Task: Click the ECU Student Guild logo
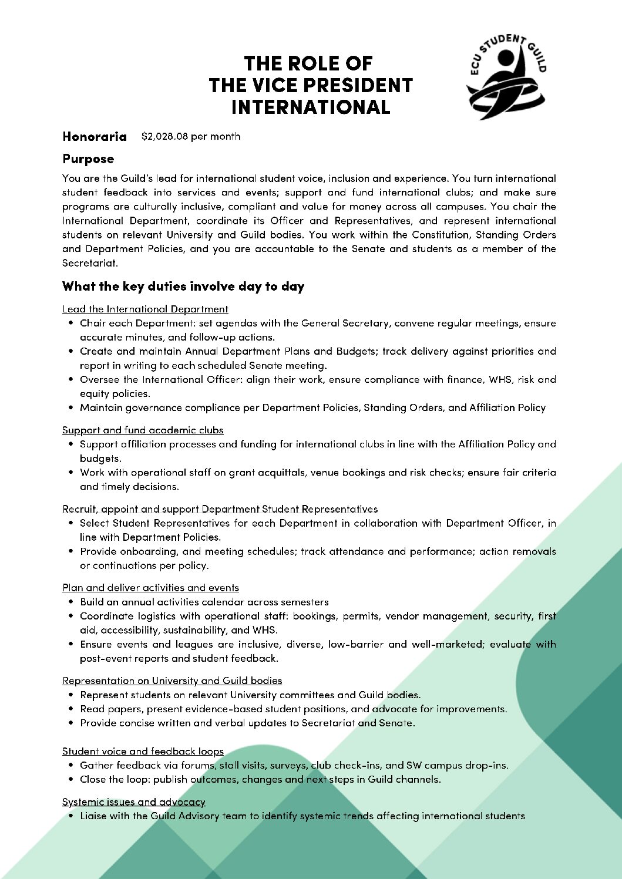(x=506, y=76)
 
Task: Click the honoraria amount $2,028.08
(x=165, y=136)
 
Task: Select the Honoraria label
(x=95, y=136)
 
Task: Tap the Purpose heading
(x=88, y=159)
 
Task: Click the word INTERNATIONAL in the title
(x=311, y=107)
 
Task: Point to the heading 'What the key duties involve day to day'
(x=183, y=287)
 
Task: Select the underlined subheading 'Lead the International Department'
(x=145, y=309)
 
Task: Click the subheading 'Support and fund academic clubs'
(x=143, y=430)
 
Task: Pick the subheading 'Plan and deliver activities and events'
(x=150, y=588)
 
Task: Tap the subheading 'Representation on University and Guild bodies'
(x=172, y=681)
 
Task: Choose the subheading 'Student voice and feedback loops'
(x=143, y=751)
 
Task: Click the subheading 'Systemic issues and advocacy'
(x=134, y=801)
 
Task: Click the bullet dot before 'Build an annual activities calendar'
(x=71, y=602)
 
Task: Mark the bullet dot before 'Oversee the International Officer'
(x=71, y=379)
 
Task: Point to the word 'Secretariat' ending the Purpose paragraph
(x=89, y=263)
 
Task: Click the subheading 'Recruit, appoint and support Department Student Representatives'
(x=220, y=508)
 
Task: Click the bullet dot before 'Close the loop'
(x=71, y=779)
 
